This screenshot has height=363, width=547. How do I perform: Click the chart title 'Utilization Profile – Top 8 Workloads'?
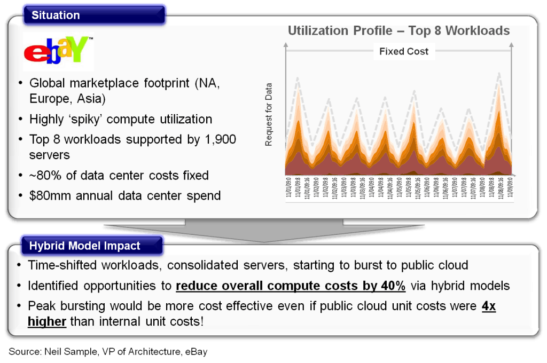click(x=398, y=30)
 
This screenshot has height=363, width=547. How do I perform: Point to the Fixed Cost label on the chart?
click(x=403, y=52)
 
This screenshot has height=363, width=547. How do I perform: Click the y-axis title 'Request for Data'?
click(x=269, y=114)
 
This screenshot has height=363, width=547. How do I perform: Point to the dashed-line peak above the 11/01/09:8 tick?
click(x=298, y=78)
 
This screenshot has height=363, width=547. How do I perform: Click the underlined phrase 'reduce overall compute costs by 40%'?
click(x=291, y=286)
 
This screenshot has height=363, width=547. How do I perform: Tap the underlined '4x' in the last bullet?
click(x=488, y=306)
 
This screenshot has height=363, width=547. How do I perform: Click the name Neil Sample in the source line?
click(x=68, y=352)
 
